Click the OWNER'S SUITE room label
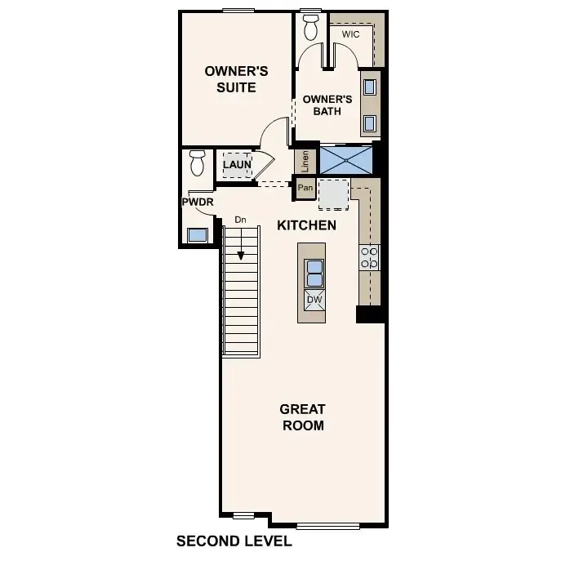tap(231, 79)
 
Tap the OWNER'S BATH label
tap(327, 105)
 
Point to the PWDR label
tap(197, 202)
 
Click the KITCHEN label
tap(306, 225)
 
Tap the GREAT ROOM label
tap(302, 417)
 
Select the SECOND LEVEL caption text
tap(234, 541)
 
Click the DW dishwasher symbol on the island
tap(314, 300)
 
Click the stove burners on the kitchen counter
tap(370, 257)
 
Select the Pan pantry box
tap(305, 189)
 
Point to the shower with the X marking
tap(346, 159)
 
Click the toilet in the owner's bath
tap(310, 27)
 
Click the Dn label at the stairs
tap(240, 220)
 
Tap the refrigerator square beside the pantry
tap(333, 194)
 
